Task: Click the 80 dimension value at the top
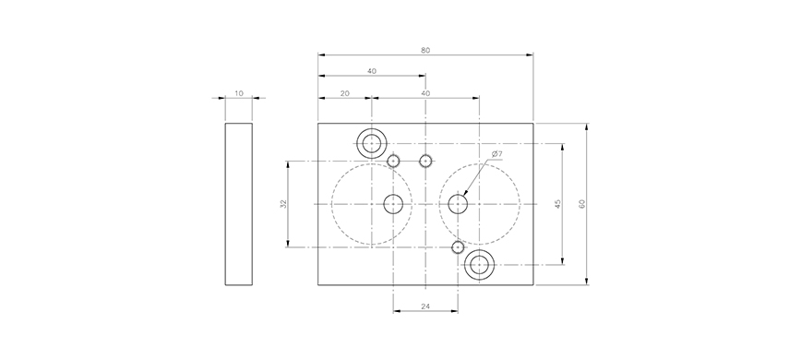(x=425, y=50)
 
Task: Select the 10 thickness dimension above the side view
(x=239, y=92)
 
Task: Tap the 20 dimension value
(x=344, y=92)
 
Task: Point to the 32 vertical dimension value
(x=284, y=203)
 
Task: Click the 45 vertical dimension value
(x=557, y=203)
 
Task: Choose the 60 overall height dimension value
(x=581, y=203)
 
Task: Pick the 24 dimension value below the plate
(x=425, y=306)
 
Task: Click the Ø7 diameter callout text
(x=496, y=154)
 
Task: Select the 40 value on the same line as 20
(x=425, y=92)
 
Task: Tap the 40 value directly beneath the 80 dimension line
(x=371, y=71)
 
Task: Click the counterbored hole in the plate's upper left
(x=372, y=143)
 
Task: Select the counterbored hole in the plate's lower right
(x=479, y=266)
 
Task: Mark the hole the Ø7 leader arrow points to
(x=458, y=203)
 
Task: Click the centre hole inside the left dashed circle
(x=394, y=203)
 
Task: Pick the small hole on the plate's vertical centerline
(x=425, y=162)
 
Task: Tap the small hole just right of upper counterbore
(x=394, y=162)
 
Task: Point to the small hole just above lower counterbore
(x=458, y=246)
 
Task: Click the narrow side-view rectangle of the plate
(x=239, y=204)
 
